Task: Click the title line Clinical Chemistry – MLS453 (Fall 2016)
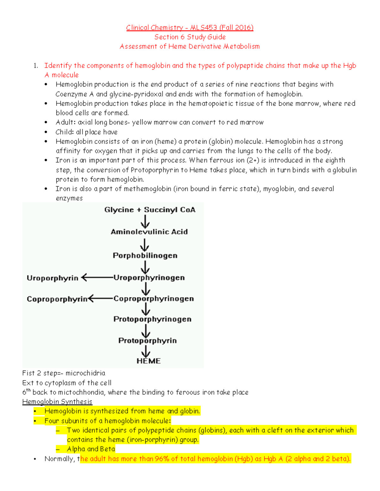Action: (190, 28)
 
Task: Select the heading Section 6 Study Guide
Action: (190, 37)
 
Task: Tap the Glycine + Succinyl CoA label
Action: (150, 210)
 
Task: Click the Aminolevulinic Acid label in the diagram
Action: (149, 232)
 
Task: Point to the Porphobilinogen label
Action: (145, 255)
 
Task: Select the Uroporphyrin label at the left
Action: (52, 278)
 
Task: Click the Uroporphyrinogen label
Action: (149, 278)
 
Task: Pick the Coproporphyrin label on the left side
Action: (57, 299)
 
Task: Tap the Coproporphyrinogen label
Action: (154, 299)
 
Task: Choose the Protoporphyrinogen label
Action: (152, 319)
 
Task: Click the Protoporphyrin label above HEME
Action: (148, 341)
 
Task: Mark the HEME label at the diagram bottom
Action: (149, 361)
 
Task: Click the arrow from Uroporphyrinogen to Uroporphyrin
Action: (97, 278)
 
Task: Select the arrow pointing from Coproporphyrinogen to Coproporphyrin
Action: (100, 298)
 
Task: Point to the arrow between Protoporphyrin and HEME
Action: (146, 351)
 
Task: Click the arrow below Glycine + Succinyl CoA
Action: (145, 221)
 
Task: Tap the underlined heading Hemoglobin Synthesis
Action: (57, 402)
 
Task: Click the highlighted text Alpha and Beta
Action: (91, 449)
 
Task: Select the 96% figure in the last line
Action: (162, 459)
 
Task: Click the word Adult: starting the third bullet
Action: (66, 122)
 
